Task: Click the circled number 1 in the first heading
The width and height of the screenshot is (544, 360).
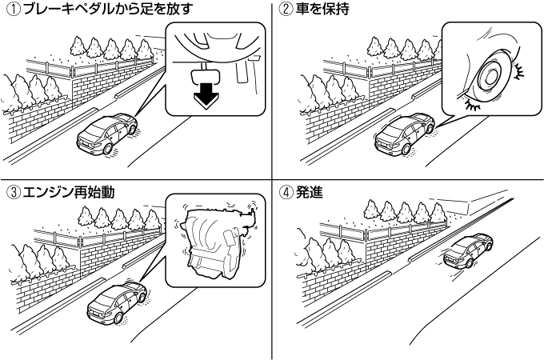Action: pyautogui.click(x=9, y=10)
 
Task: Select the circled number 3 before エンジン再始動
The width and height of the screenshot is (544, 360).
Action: pyautogui.click(x=9, y=192)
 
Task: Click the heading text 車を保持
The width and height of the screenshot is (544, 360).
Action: pyautogui.click(x=317, y=10)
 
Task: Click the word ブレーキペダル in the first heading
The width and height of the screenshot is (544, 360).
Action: pyautogui.click(x=56, y=10)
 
